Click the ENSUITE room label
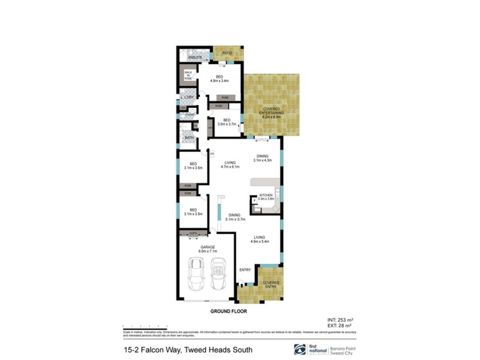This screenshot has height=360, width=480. tap(194, 57)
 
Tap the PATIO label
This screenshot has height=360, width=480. tap(227, 53)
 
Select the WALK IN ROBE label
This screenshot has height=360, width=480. tap(188, 75)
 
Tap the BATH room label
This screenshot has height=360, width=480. tap(189, 137)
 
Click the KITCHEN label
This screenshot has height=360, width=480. tap(266, 197)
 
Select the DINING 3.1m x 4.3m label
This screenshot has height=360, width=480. tap(262, 158)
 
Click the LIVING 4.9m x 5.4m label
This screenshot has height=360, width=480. tap(260, 239)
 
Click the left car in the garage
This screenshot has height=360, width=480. tap(196, 274)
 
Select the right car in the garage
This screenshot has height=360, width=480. tap(218, 274)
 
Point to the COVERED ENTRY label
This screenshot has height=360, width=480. tap(271, 284)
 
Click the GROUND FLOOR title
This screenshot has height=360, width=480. tap(229, 312)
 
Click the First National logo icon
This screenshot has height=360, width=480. tap(298, 349)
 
